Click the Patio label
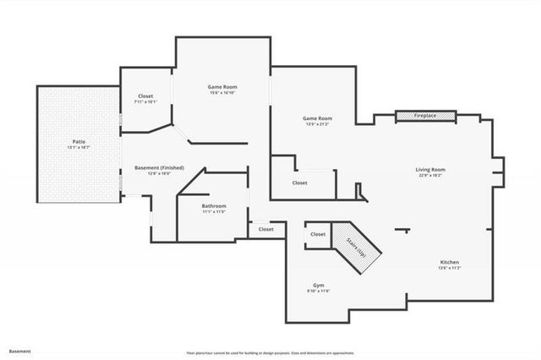tap(79, 141)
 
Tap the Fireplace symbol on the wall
tap(426, 115)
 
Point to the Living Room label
tap(430, 170)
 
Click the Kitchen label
tap(449, 263)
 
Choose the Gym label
tap(318, 286)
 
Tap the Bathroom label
tap(213, 206)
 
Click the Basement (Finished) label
tap(159, 167)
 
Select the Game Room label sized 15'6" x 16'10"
tap(222, 87)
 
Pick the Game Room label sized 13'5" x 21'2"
tap(318, 119)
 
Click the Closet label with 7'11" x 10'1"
tap(145, 96)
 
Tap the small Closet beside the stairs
tap(318, 234)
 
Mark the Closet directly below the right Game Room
tap(300, 183)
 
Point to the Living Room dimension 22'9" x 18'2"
tap(430, 176)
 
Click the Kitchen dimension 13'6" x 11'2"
tap(449, 269)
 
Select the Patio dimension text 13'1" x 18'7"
tap(79, 147)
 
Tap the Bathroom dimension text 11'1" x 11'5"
tap(213, 212)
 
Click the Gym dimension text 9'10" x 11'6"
tap(318, 292)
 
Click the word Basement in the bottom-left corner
tap(20, 351)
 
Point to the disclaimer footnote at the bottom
tap(270, 352)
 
